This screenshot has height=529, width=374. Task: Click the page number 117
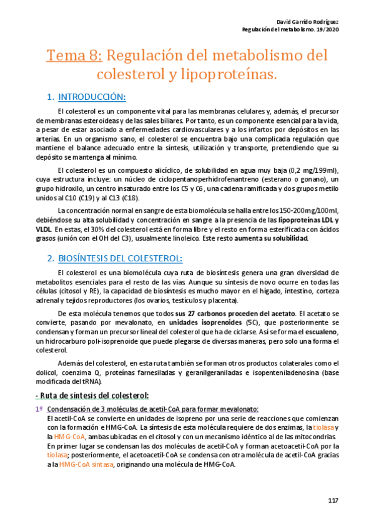coord(332,500)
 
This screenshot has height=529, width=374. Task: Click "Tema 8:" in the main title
coord(74,56)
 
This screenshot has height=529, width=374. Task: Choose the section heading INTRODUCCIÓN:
coord(92,97)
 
